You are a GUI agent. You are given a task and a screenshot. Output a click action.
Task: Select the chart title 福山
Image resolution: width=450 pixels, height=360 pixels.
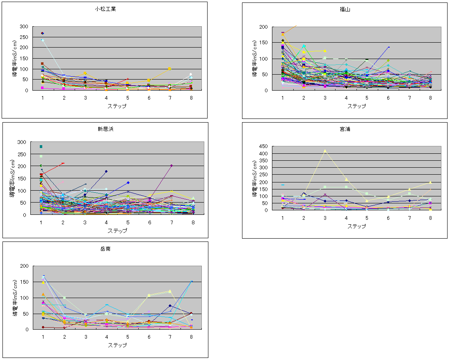pos(345,9)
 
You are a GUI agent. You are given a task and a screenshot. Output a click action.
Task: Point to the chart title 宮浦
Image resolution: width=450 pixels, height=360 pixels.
pos(345,129)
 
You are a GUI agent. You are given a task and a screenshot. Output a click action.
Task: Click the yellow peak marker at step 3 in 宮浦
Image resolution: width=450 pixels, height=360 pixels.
pos(325,151)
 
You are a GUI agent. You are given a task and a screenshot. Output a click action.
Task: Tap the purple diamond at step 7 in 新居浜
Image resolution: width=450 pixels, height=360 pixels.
pos(171,166)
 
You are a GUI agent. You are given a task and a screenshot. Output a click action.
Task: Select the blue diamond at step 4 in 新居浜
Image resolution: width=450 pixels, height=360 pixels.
pos(106,171)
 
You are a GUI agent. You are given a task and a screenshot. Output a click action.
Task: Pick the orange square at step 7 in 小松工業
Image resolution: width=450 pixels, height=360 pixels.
pos(169,68)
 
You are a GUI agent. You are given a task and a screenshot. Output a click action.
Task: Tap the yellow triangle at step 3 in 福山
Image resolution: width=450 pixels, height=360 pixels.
pos(325,51)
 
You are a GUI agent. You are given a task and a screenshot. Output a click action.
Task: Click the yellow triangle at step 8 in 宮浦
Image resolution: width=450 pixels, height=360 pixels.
pos(430,182)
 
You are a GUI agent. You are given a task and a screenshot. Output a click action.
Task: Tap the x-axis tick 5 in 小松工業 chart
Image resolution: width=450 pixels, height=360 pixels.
pos(128,98)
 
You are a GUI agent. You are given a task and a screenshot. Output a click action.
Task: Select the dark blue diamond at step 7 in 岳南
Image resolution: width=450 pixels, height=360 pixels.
pos(170,305)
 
